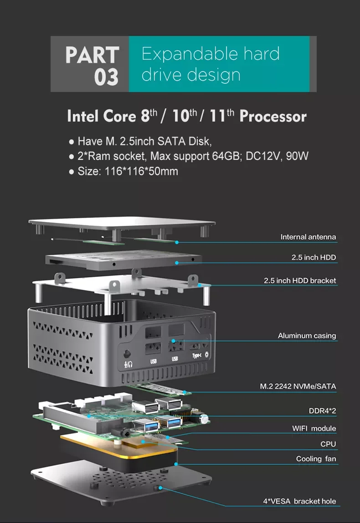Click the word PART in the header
[92, 55]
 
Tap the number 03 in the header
[106, 77]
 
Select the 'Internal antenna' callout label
[308, 237]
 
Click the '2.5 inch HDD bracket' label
[300, 280]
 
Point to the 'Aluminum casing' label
[307, 336]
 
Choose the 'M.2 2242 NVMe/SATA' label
[298, 386]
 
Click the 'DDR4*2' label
[322, 411]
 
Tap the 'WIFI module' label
[314, 428]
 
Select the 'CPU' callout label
[328, 444]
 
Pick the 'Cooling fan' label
[316, 459]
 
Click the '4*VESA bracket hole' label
[299, 501]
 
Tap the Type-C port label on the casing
[196, 356]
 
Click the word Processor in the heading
[273, 116]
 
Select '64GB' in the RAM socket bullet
[227, 156]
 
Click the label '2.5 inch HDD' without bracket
[314, 257]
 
